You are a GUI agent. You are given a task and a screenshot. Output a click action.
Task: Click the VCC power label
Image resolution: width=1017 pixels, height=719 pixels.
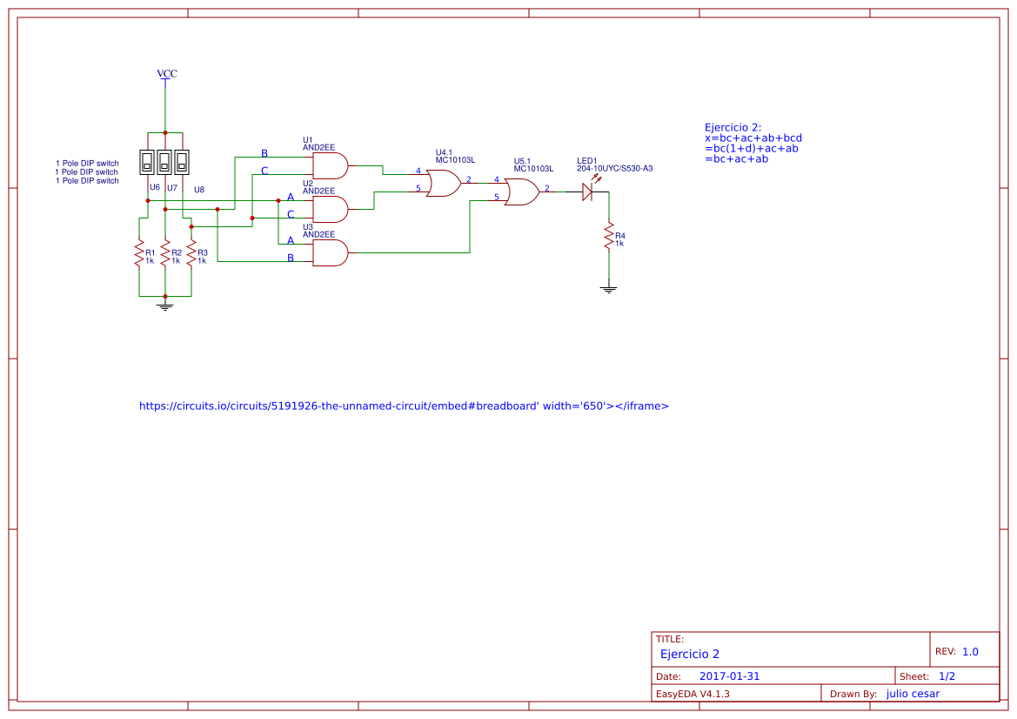coord(166,74)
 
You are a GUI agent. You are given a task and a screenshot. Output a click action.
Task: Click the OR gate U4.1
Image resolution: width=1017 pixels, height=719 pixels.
coord(444,184)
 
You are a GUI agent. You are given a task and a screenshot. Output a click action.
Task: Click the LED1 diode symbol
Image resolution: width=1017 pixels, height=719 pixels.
coord(588,192)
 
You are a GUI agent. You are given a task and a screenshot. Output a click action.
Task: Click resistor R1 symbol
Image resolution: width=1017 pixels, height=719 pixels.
coord(138,254)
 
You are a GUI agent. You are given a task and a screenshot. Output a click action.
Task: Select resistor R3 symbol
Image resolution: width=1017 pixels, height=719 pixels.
coord(191,254)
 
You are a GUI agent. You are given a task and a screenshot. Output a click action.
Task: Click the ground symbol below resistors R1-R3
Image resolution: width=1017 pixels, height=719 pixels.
coord(164,304)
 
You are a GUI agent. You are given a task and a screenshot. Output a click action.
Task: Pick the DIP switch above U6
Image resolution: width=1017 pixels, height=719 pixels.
coord(148,161)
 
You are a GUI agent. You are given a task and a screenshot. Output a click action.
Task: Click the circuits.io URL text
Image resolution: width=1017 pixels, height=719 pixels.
coord(404,406)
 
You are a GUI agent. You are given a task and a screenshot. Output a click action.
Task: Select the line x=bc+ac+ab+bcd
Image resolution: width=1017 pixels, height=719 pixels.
coord(753,138)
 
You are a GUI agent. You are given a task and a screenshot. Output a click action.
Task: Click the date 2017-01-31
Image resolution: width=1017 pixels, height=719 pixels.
coord(729,676)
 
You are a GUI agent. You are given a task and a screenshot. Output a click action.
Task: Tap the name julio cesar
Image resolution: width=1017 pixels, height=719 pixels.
coord(912,694)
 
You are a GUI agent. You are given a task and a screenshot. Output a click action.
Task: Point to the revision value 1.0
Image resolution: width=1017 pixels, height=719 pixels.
coord(970,651)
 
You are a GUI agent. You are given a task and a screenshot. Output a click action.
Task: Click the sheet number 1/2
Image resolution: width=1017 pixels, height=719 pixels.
coord(947,676)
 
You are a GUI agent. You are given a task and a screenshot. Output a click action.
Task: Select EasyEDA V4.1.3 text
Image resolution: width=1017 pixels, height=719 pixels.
coord(692,694)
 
